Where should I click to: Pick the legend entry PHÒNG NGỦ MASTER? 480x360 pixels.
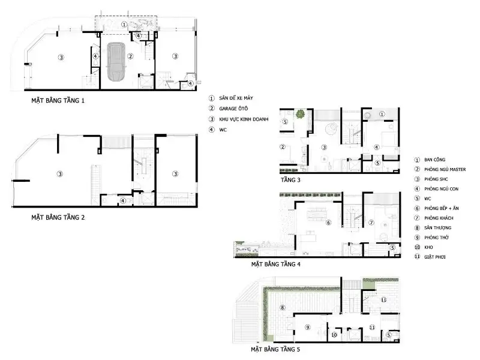click(x=445, y=170)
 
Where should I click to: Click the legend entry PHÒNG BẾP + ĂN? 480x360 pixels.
click(x=442, y=208)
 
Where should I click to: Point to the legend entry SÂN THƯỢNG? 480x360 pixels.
click(x=437, y=228)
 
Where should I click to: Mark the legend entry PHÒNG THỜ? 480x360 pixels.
click(x=436, y=238)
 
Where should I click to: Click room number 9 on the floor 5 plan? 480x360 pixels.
click(x=307, y=327)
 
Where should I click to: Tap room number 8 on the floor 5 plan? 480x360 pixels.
click(x=281, y=308)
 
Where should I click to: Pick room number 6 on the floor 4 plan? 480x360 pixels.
click(x=328, y=223)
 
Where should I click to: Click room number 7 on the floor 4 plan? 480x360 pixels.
click(x=370, y=223)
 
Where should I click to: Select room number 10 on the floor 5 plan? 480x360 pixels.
click(x=334, y=335)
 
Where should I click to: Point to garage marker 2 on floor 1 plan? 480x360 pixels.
click(x=130, y=56)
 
